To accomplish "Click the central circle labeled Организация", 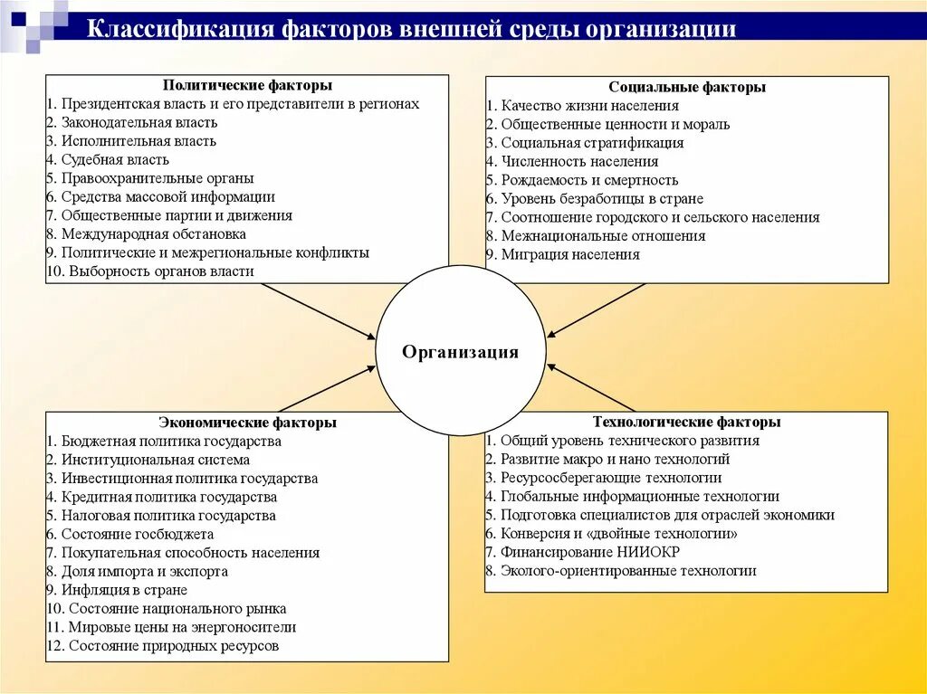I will click(x=461, y=352).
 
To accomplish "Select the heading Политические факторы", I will click(x=247, y=85).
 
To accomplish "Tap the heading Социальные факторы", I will click(x=687, y=87).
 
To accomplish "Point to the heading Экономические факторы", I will click(x=247, y=423).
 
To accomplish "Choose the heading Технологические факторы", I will click(x=686, y=422).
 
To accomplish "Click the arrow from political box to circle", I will click(x=318, y=310).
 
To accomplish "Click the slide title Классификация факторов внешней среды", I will click(x=411, y=28).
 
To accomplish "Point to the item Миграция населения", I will click(x=563, y=254).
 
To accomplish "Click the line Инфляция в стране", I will click(x=117, y=590).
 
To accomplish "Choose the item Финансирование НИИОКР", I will click(x=583, y=552).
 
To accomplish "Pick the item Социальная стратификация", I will click(x=585, y=143).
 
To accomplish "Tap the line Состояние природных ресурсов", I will click(x=163, y=646).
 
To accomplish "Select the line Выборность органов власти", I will click(x=150, y=271).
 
